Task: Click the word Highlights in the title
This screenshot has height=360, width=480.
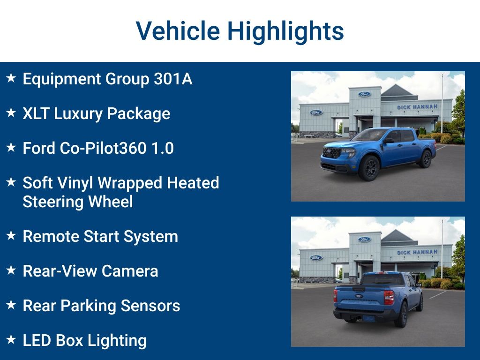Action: point(285,31)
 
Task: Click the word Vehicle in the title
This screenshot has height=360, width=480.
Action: point(177,31)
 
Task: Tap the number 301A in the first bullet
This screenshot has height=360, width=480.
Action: point(173,79)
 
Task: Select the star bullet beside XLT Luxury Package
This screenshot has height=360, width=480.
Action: point(11,113)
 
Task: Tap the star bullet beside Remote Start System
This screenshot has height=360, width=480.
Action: point(11,236)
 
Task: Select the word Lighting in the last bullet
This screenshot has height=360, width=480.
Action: point(121,340)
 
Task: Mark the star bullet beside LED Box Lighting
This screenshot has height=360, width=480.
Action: point(11,340)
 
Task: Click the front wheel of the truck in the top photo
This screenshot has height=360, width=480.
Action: point(369,168)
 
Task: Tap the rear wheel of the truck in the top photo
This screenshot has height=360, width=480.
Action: point(426,159)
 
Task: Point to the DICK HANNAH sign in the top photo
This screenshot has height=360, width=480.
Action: point(417,107)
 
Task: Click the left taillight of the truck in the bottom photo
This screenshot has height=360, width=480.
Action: point(336,296)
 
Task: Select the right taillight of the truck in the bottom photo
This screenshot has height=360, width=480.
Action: point(389,298)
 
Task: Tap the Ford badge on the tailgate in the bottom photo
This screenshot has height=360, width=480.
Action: point(359,296)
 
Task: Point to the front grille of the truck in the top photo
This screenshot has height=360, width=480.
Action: point(332,153)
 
